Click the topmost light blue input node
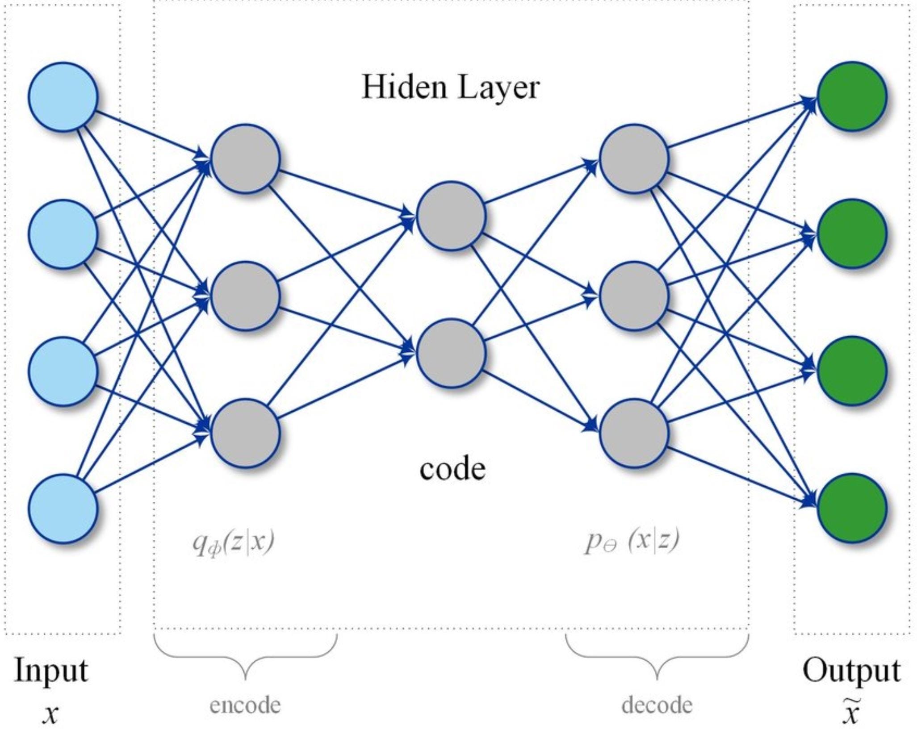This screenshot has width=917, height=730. tap(63, 97)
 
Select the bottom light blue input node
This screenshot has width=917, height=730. tap(63, 509)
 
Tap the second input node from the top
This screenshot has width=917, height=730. tap(63, 234)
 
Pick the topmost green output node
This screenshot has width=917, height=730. tap(852, 96)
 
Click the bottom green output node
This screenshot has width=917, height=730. tap(852, 509)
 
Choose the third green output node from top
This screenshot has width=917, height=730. tap(852, 371)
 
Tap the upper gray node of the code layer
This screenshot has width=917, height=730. tap(451, 216)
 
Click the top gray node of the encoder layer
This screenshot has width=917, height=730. tap(246, 159)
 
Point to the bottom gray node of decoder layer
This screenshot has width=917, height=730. tap(634, 433)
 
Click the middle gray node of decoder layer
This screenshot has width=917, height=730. tap(634, 296)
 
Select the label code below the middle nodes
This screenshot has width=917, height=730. tap(452, 469)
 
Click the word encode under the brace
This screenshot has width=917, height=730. tap(245, 705)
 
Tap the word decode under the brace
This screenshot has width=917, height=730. tap(657, 705)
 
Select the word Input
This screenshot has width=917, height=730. tap(51, 671)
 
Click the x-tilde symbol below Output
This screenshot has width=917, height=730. tap(851, 713)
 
